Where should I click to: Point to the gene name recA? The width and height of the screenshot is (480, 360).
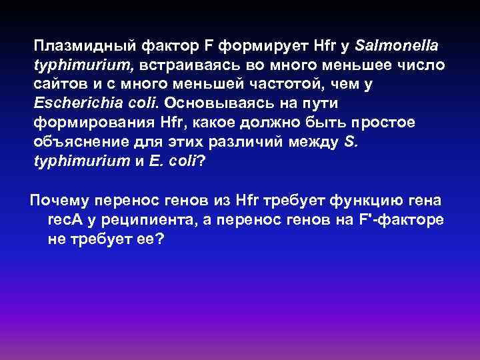click(x=65, y=221)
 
